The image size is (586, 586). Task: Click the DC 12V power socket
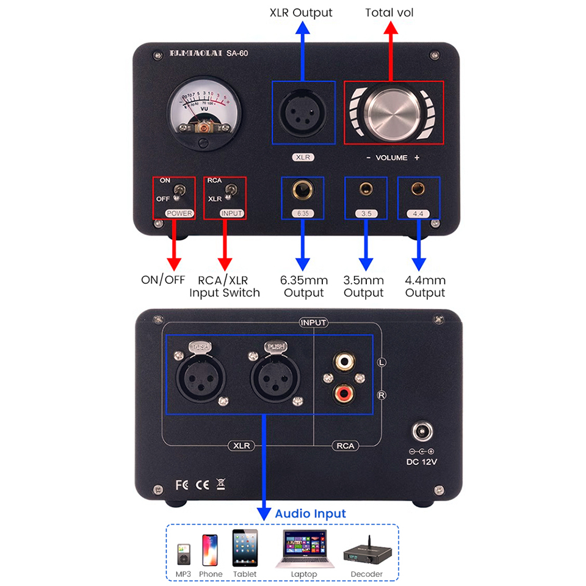(422, 432)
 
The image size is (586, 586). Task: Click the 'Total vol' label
(390, 12)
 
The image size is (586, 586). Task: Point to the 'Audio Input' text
(310, 513)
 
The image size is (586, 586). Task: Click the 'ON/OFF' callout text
(163, 280)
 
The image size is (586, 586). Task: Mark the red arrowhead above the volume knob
(391, 29)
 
